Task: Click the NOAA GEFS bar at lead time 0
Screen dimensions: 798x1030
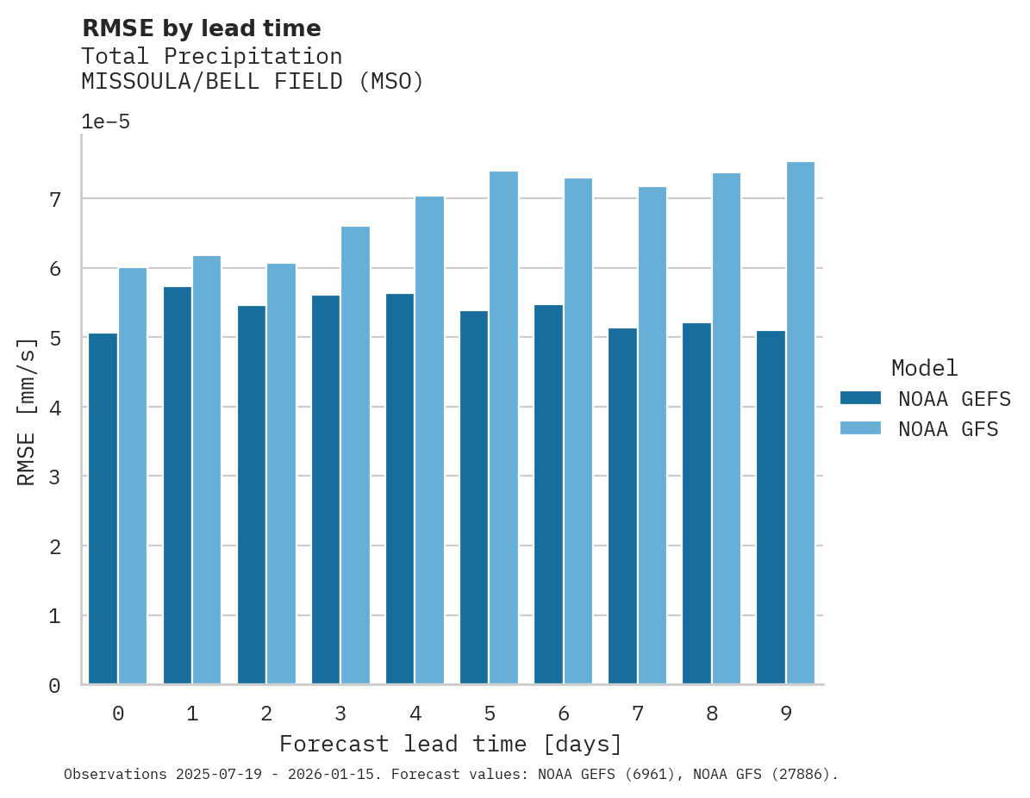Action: tap(103, 508)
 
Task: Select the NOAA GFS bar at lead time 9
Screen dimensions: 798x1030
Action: tap(800, 423)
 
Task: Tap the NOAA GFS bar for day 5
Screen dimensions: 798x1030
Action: tap(503, 428)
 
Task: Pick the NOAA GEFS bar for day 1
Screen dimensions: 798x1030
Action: tap(177, 485)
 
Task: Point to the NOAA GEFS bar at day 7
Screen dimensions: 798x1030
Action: tap(622, 506)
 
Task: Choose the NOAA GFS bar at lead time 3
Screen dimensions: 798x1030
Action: tap(355, 456)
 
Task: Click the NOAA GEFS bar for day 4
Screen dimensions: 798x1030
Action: tap(400, 489)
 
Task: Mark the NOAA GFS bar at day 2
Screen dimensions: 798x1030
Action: tap(281, 474)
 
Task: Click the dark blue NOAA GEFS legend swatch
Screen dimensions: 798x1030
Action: tap(860, 397)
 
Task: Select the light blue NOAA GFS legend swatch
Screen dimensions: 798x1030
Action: tap(860, 428)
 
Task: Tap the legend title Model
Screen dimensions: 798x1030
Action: tap(924, 368)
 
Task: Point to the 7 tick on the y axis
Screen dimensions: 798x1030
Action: tap(54, 200)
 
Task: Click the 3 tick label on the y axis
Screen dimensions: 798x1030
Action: tap(54, 477)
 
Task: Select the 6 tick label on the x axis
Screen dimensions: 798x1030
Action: tap(564, 714)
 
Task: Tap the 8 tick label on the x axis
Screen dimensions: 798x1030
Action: tap(712, 714)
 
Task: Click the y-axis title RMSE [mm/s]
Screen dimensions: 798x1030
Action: tap(28, 410)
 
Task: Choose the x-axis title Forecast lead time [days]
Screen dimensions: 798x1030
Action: tap(450, 744)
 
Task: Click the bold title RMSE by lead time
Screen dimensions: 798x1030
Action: tap(201, 28)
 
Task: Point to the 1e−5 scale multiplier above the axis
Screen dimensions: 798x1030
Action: tap(105, 122)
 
